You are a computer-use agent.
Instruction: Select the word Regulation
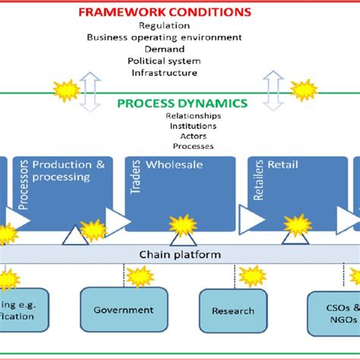pos(165,25)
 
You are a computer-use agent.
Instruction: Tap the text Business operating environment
pos(164,37)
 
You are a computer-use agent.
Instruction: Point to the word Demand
pos(164,49)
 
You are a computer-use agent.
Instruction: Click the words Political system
pos(164,61)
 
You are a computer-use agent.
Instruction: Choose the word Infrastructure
pos(164,73)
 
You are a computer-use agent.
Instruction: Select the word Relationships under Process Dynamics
pos(193,116)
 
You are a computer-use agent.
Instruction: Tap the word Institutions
pos(193,126)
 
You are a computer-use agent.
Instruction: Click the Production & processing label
pos(73,171)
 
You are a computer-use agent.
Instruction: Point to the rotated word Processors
pos(23,185)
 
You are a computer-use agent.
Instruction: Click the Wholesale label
pos(175,165)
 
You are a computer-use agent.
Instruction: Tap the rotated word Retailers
pos(258,183)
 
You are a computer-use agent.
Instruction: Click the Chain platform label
pos(179,254)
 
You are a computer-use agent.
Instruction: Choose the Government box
pos(123,310)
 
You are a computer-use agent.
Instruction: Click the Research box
pos(233,311)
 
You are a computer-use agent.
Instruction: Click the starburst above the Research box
pos(251,276)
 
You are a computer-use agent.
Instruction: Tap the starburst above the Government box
pos(140,276)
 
